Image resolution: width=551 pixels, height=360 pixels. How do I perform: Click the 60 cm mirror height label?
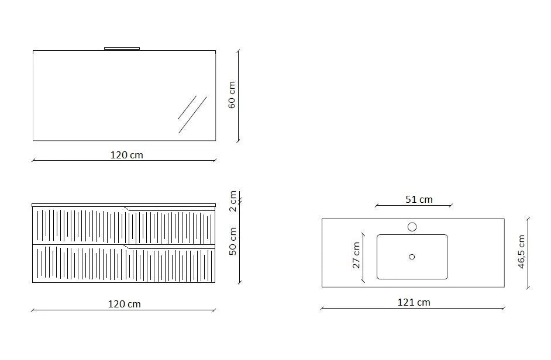[232, 95]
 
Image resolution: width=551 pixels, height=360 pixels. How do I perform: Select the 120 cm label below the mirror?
[126, 155]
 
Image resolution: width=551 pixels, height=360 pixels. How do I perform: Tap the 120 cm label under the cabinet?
[125, 304]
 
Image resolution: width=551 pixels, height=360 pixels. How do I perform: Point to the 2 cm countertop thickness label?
[232, 202]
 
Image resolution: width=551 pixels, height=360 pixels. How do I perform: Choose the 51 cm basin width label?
[419, 199]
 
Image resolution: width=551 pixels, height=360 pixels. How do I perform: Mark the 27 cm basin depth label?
[357, 255]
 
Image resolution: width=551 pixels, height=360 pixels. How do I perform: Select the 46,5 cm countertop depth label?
[521, 252]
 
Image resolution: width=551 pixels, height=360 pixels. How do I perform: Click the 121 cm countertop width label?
[414, 302]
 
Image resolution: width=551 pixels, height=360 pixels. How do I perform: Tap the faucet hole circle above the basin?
[412, 227]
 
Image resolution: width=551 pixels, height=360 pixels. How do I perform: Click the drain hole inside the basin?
[412, 257]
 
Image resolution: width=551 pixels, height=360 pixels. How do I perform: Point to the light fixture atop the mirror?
[122, 49]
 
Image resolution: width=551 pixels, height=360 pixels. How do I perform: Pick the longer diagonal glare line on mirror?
[193, 115]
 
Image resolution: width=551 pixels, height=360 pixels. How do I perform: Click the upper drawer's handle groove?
[170, 209]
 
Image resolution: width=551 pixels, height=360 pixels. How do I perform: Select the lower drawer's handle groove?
[170, 248]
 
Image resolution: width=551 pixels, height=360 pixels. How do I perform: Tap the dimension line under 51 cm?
[413, 206]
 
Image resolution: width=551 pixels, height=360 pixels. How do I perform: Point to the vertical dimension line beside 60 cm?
[238, 95]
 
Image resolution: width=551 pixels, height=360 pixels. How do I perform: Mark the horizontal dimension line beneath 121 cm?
[412, 309]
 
